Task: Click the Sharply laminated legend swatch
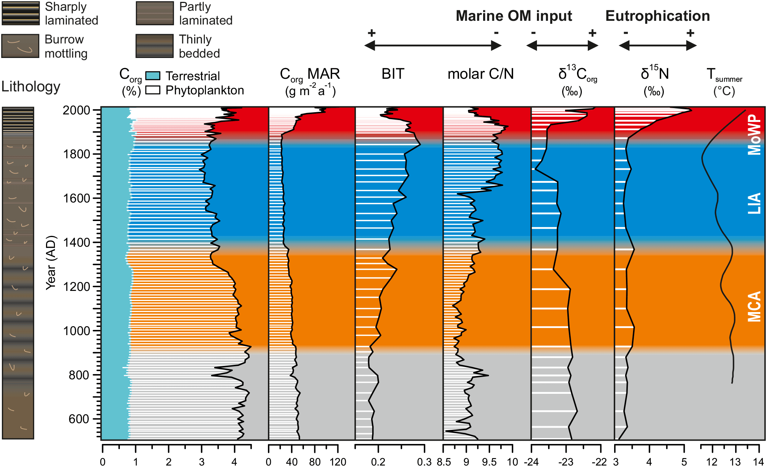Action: click(21, 13)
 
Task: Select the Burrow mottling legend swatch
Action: click(20, 46)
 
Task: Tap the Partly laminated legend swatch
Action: click(155, 13)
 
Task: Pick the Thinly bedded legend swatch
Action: click(155, 46)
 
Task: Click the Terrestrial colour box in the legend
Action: click(153, 76)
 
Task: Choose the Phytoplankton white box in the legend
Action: click(153, 90)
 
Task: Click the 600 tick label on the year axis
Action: click(79, 419)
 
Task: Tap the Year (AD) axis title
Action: click(51, 263)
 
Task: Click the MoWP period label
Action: click(754, 134)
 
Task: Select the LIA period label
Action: click(754, 203)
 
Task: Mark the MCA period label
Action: click(754, 306)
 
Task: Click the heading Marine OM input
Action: click(514, 16)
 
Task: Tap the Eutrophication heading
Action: click(658, 16)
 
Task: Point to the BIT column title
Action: click(393, 74)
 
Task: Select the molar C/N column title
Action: click(481, 74)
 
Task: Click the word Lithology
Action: click(31, 87)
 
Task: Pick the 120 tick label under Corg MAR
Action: click(338, 462)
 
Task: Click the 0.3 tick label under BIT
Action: click(424, 462)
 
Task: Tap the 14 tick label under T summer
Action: click(758, 462)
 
